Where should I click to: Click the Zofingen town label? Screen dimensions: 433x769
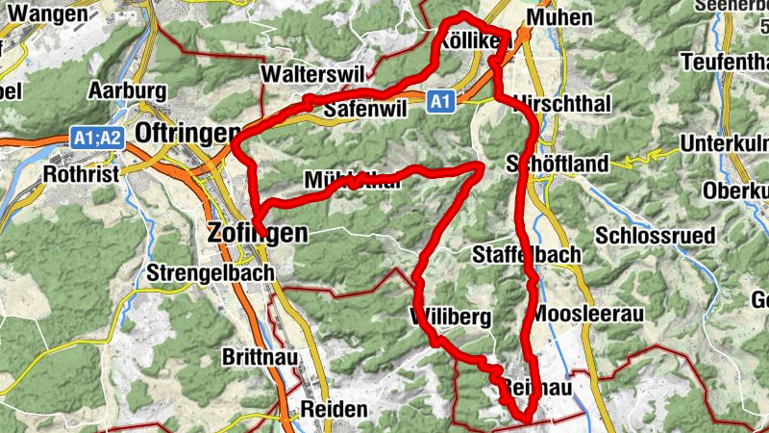[x=258, y=232]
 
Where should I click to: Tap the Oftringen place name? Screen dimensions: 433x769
[x=188, y=131]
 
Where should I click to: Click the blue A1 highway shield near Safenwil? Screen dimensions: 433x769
[x=439, y=101]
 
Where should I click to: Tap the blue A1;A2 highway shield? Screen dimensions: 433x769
[x=98, y=138]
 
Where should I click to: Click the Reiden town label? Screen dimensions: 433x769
[x=334, y=409]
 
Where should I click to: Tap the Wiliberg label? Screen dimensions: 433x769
[x=451, y=318]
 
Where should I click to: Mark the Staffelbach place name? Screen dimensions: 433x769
[x=528, y=254]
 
